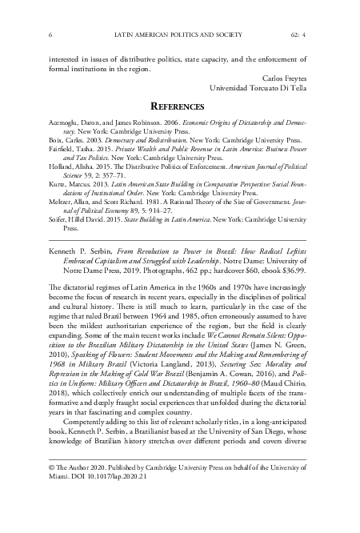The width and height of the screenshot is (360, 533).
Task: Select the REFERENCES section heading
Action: pyautogui.click(x=179, y=106)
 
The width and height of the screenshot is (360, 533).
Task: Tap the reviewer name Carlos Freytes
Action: pyautogui.click(x=284, y=78)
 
